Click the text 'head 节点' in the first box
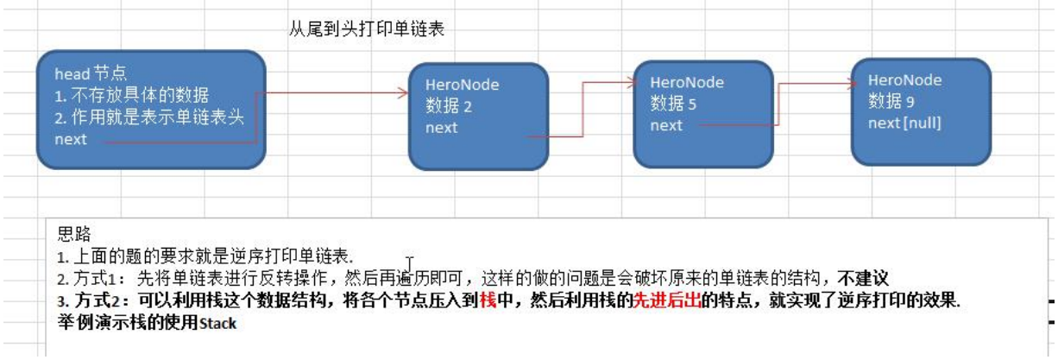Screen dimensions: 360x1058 (x=91, y=75)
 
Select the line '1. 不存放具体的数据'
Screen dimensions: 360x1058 (x=131, y=96)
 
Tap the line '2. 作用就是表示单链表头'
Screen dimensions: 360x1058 (x=148, y=117)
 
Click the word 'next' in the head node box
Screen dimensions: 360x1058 (x=71, y=139)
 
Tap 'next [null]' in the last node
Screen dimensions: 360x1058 (x=904, y=123)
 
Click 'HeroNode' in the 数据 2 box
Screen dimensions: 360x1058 (x=462, y=85)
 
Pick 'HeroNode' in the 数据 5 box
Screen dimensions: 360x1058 (x=686, y=83)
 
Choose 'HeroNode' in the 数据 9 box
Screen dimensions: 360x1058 (x=905, y=80)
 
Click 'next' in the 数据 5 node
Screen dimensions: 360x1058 (x=666, y=125)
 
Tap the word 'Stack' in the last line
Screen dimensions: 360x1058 (x=217, y=324)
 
